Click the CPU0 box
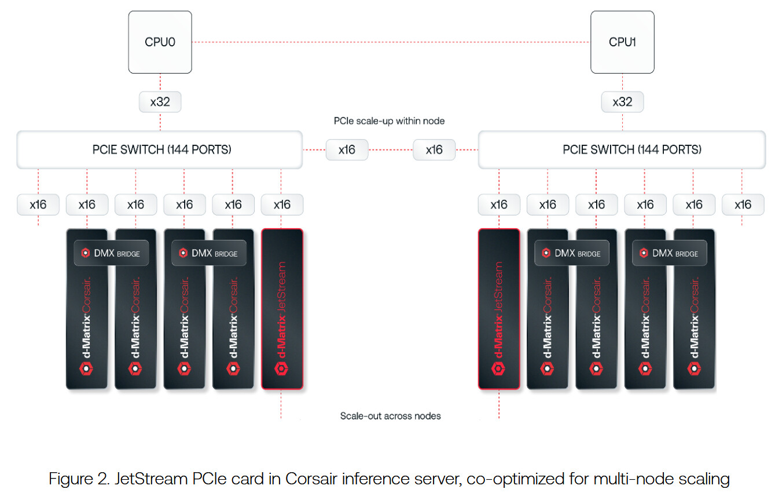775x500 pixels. coord(160,42)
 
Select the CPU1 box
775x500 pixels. coord(622,42)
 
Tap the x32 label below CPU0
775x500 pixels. coord(160,102)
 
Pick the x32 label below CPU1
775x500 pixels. coord(622,102)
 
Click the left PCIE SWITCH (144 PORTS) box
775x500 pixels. coord(160,149)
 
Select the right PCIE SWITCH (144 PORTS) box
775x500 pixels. coord(622,149)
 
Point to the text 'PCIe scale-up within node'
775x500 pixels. coord(389,121)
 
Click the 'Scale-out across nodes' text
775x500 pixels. coord(390,416)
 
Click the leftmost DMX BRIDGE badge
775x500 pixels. coord(111,253)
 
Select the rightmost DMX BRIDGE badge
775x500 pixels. coord(669,253)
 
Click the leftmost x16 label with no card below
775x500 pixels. coord(38,205)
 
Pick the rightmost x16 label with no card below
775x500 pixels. coord(743,205)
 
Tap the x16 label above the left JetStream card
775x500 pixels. coord(282,205)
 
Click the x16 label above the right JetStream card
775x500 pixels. coord(498,205)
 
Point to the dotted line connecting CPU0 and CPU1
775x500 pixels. coord(391,42)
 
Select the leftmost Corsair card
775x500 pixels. coord(87,324)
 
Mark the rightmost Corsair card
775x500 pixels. coord(694,324)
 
